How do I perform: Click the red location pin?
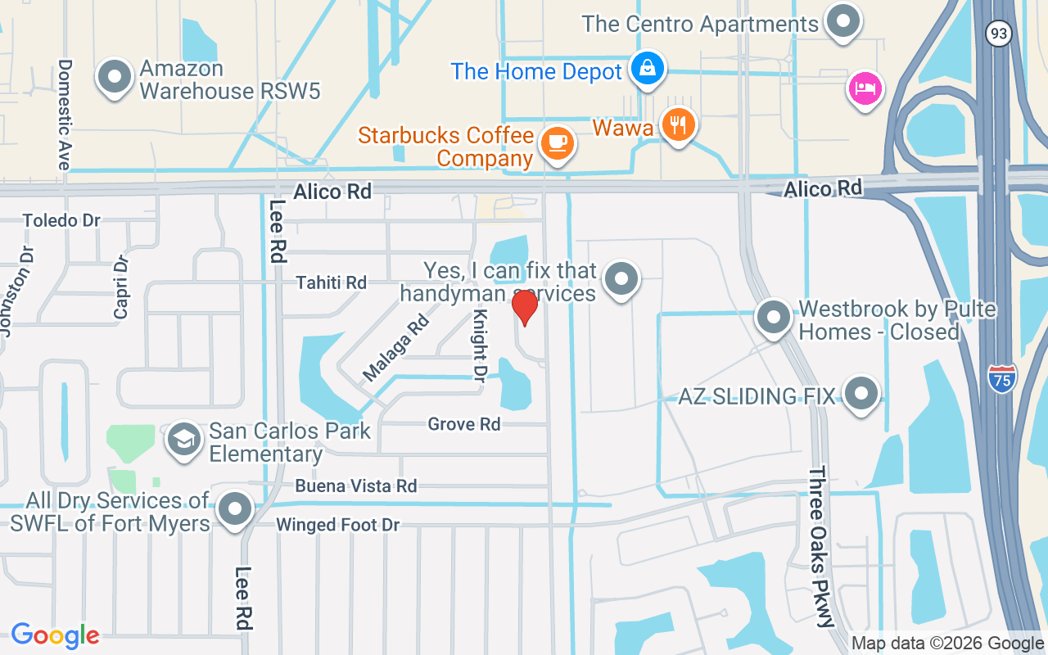point(525,306)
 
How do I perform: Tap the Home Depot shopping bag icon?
point(648,69)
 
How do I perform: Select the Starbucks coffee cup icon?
point(558,143)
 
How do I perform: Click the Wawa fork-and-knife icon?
point(679,125)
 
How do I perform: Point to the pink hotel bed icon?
point(865,88)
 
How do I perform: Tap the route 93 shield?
point(999,34)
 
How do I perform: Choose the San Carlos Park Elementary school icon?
point(185,440)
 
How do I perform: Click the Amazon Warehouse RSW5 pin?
point(115,78)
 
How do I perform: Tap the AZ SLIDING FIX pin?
point(861,394)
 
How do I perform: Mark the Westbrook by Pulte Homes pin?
point(772,318)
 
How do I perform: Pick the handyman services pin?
point(621,279)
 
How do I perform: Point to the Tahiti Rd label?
point(332,282)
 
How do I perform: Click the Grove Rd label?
point(463,424)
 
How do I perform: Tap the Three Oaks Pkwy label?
point(822,546)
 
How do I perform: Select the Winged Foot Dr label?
point(337,525)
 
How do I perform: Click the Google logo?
point(56,635)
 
